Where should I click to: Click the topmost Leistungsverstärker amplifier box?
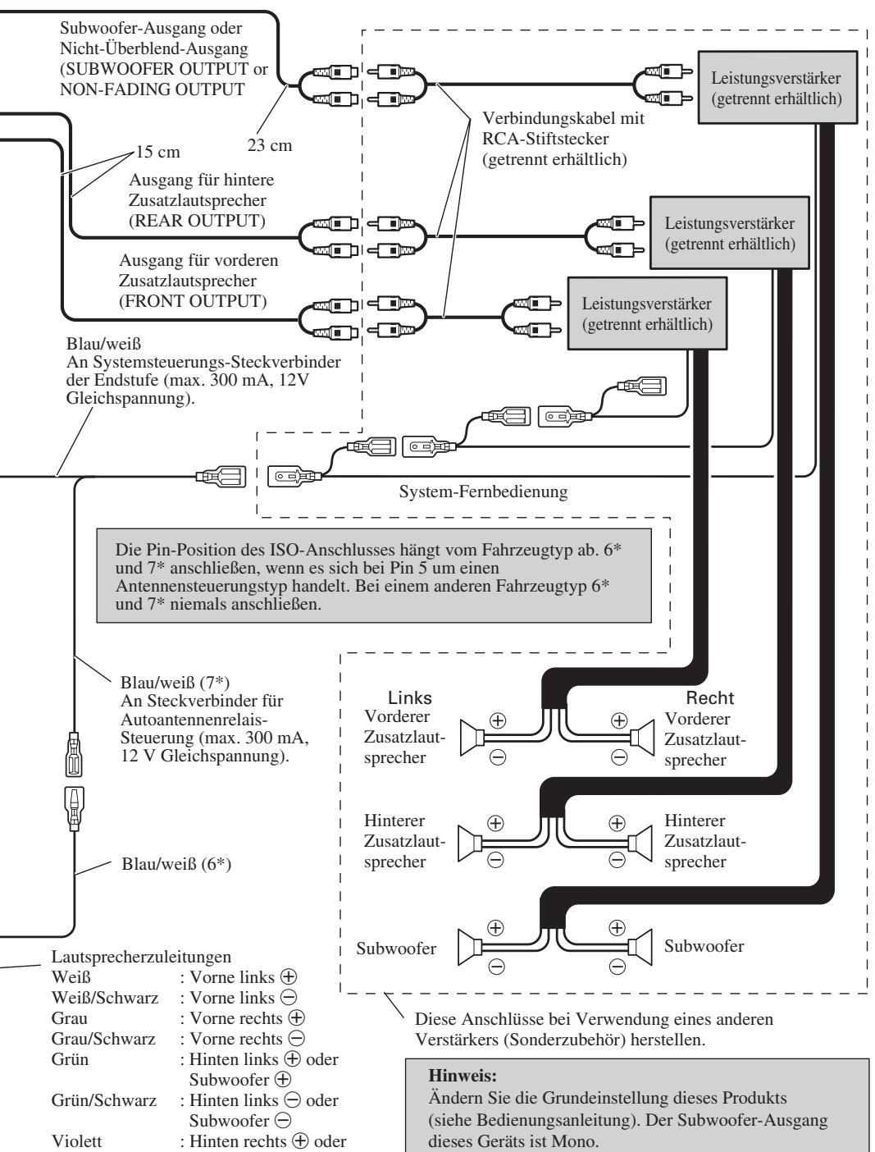(777, 87)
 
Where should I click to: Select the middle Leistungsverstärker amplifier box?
(730, 232)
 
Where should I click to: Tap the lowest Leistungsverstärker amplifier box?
(647, 313)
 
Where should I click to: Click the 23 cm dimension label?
(269, 145)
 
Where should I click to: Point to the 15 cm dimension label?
(158, 152)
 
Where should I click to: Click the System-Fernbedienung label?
(483, 491)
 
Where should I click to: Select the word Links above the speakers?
(410, 697)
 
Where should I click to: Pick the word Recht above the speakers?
(709, 697)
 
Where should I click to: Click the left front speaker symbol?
(470, 738)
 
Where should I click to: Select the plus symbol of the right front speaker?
(619, 720)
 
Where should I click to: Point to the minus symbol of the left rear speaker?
(496, 860)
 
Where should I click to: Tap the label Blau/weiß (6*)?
(176, 863)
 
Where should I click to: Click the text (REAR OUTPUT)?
(197, 221)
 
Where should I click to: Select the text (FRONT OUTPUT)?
(193, 301)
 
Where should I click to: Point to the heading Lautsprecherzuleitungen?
(141, 956)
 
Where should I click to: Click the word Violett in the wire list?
(76, 1141)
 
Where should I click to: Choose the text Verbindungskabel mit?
(563, 118)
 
